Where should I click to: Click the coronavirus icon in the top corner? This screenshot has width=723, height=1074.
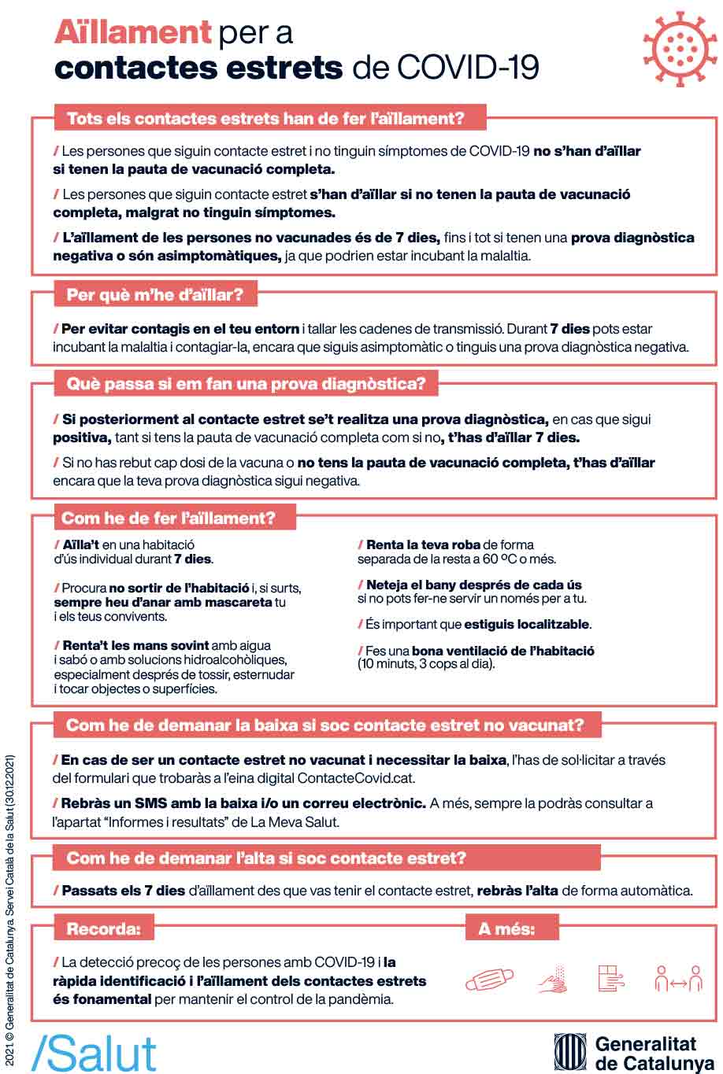pyautogui.click(x=674, y=49)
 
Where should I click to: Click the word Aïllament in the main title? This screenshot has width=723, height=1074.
pyautogui.click(x=132, y=33)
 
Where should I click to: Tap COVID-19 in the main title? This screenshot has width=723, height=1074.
pyautogui.click(x=468, y=68)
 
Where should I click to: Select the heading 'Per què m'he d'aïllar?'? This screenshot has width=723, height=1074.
pyautogui.click(x=155, y=296)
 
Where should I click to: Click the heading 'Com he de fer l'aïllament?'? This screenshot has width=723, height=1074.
pyautogui.click(x=169, y=519)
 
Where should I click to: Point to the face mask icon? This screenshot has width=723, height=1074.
pyautogui.click(x=489, y=980)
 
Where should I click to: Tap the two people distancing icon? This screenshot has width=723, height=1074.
pyautogui.click(x=678, y=980)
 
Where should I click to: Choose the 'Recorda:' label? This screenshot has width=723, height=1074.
pyautogui.click(x=103, y=929)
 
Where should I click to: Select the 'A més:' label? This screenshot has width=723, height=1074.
pyautogui.click(x=506, y=929)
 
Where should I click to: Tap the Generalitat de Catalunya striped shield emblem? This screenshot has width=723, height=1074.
pyautogui.click(x=569, y=1052)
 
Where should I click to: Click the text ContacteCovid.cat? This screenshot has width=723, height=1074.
pyautogui.click(x=356, y=778)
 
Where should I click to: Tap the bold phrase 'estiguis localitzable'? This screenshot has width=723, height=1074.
pyautogui.click(x=526, y=625)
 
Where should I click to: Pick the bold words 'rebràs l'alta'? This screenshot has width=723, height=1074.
pyautogui.click(x=517, y=891)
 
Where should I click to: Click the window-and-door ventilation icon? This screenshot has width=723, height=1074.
pyautogui.click(x=611, y=980)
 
